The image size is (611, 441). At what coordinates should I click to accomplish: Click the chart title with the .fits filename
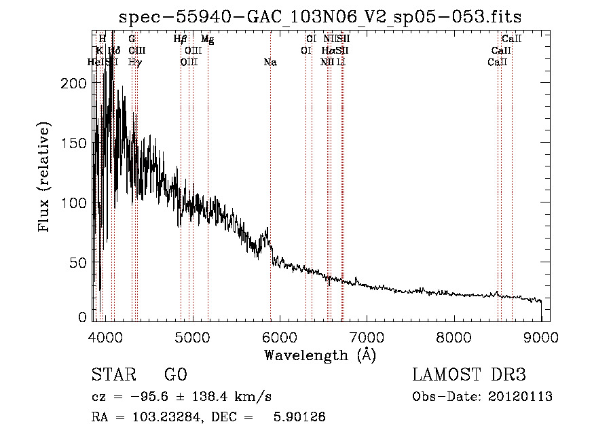pyautogui.click(x=320, y=18)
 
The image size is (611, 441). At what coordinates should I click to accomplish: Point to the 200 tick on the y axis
pyautogui.click(x=77, y=83)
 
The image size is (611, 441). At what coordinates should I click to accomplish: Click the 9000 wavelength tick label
pyautogui.click(x=541, y=336)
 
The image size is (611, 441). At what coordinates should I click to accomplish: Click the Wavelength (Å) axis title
pyautogui.click(x=320, y=355)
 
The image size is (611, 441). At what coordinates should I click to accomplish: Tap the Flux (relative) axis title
pyautogui.click(x=45, y=178)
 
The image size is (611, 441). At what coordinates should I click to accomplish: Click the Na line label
pyautogui.click(x=270, y=63)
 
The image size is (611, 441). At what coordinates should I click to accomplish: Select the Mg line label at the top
pyautogui.click(x=208, y=39)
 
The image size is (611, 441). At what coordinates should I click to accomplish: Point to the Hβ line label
pyautogui.click(x=180, y=39)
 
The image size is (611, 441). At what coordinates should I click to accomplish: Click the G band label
pyautogui.click(x=132, y=39)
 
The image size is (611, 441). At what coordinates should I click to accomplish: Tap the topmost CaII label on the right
pyautogui.click(x=511, y=39)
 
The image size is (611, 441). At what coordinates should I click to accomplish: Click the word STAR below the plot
pyautogui.click(x=113, y=375)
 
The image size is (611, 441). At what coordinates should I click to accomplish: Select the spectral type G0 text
pyautogui.click(x=175, y=375)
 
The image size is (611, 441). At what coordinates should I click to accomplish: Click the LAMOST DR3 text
pyautogui.click(x=468, y=375)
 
